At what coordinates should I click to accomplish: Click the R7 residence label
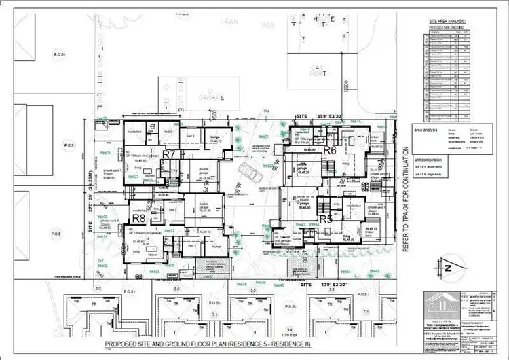pyautogui.click(x=169, y=154)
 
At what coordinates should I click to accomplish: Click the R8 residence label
pyautogui.click(x=139, y=219)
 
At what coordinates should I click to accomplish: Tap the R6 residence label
pyautogui.click(x=331, y=150)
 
